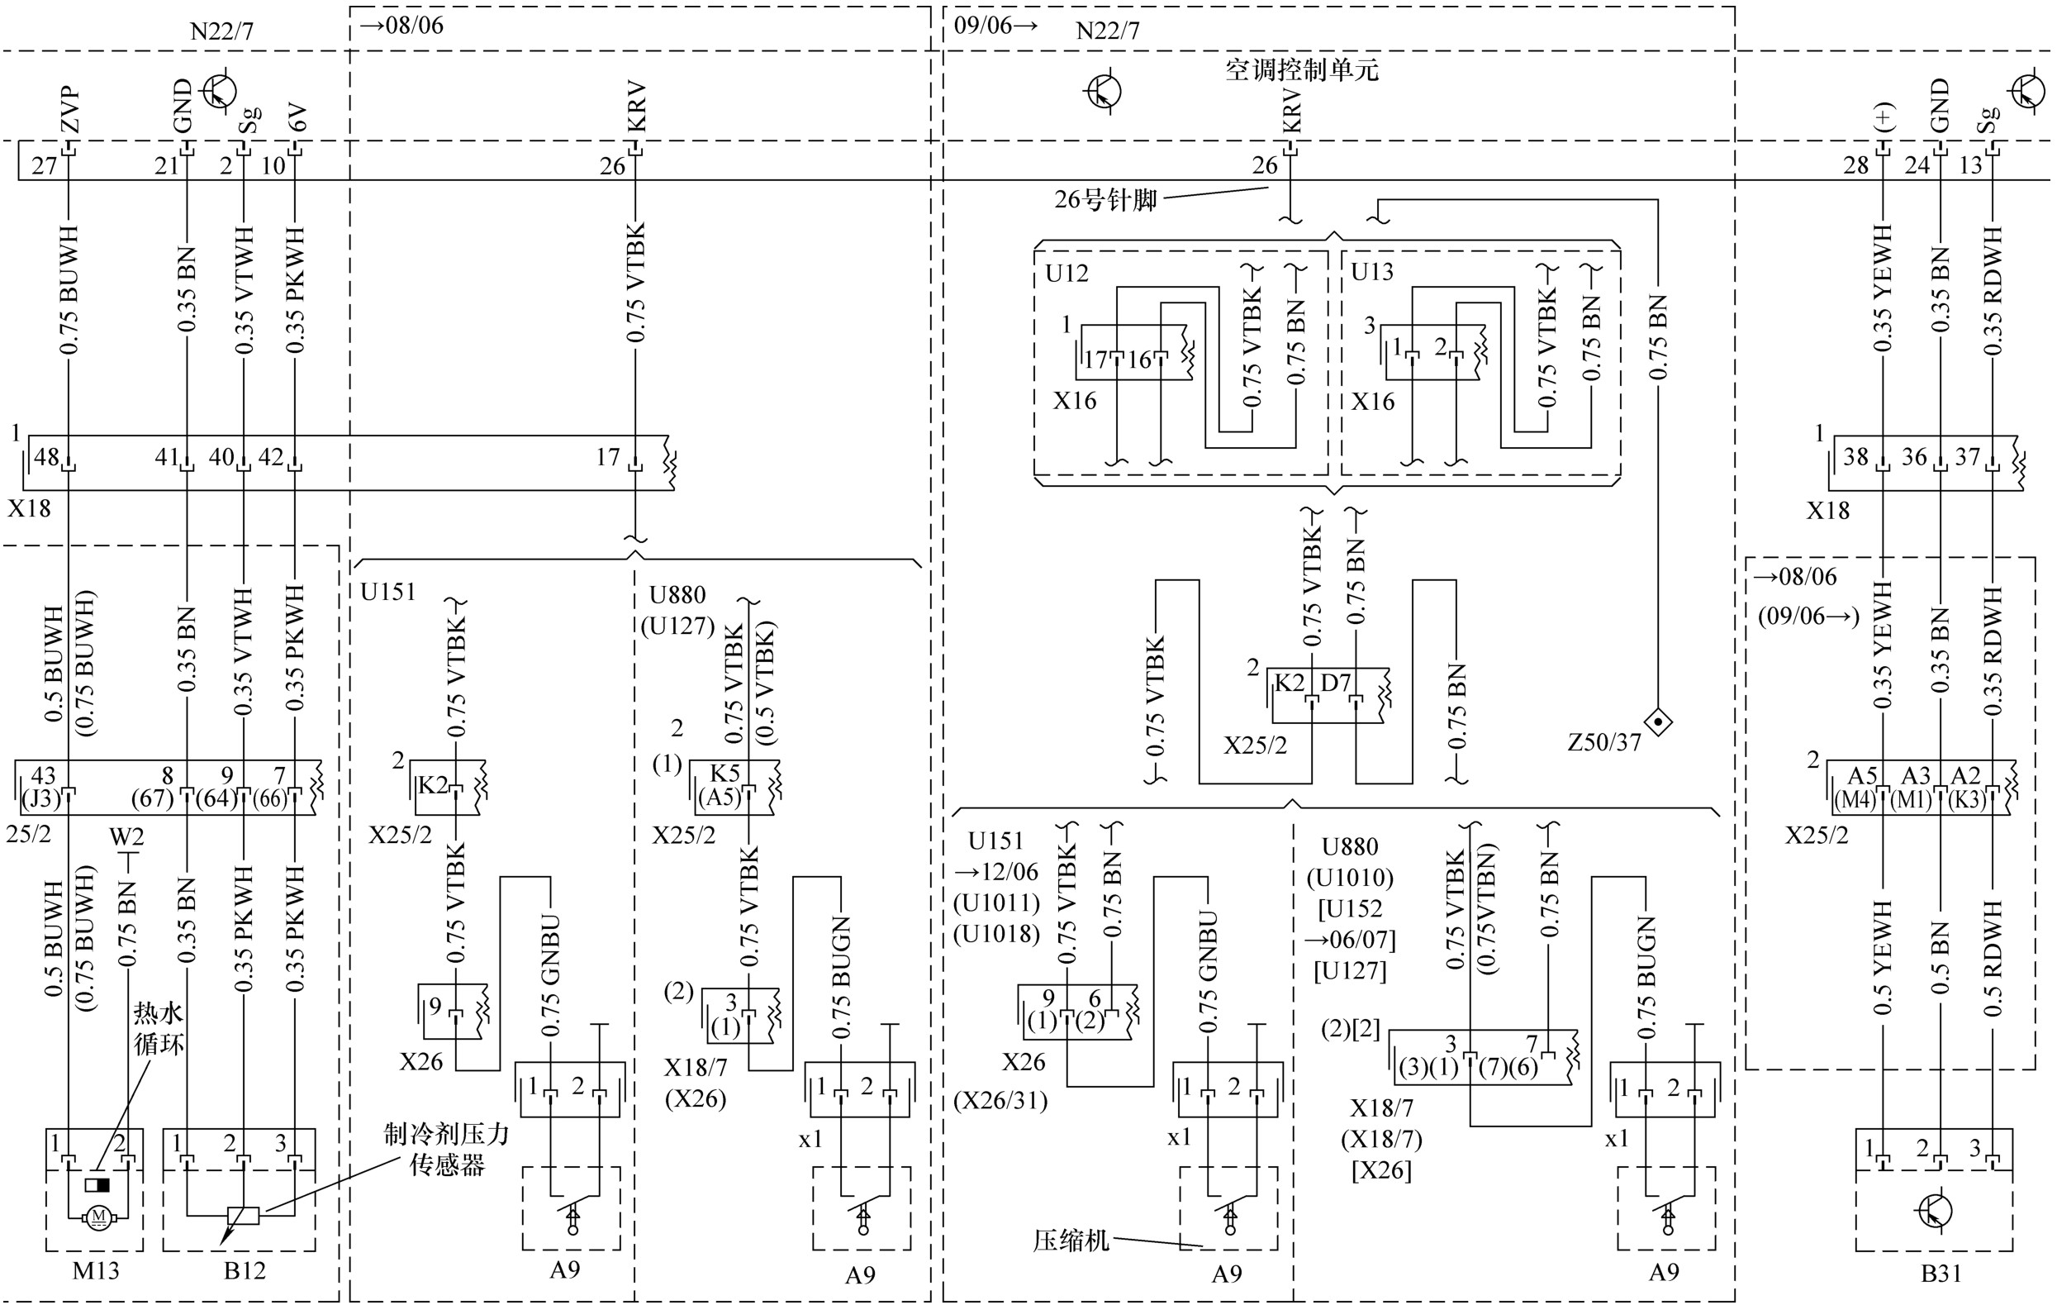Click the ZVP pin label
click(x=70, y=109)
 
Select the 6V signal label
click(x=296, y=118)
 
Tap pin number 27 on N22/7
click(x=45, y=165)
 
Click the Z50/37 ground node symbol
click(x=1658, y=723)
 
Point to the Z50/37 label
click(x=1604, y=743)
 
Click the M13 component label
click(x=96, y=1271)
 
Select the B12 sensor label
click(x=245, y=1271)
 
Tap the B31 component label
click(x=1941, y=1274)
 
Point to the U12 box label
click(x=1067, y=274)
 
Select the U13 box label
click(x=1372, y=272)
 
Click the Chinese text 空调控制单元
click(x=1302, y=69)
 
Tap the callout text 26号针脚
click(x=1105, y=200)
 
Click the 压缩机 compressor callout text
click(x=1071, y=1240)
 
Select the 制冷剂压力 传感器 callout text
click(x=447, y=1150)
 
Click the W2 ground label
click(x=126, y=836)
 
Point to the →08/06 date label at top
click(x=401, y=25)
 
